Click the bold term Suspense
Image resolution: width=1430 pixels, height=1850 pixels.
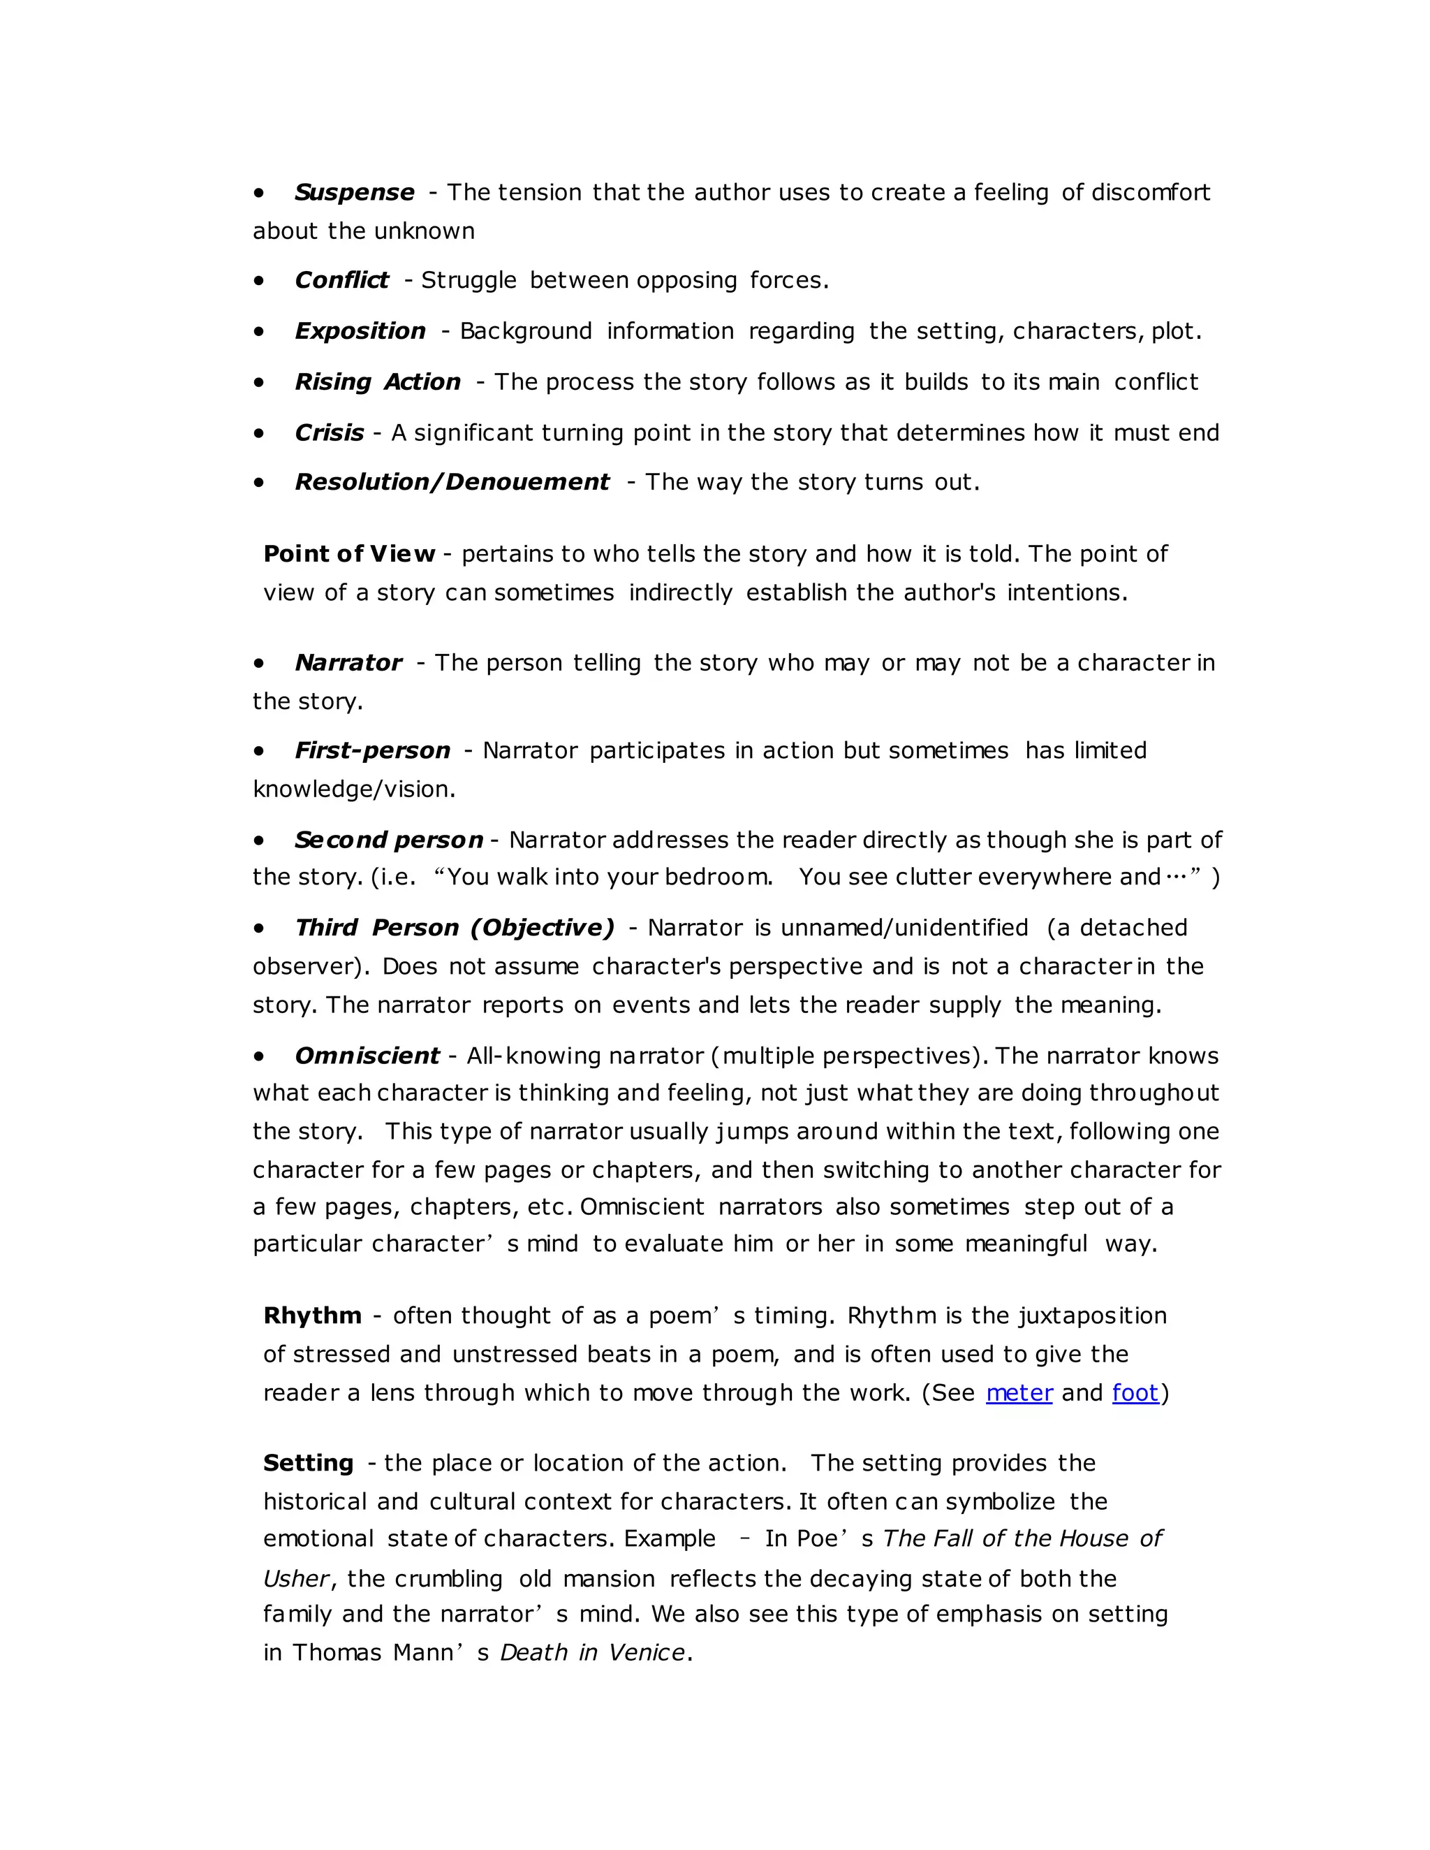coord(354,192)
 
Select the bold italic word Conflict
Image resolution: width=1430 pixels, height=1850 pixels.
coord(341,280)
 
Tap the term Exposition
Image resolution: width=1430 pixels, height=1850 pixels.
coord(360,331)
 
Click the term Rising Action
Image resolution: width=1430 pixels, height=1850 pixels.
coord(378,382)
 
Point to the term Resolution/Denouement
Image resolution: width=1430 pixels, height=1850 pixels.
coord(451,482)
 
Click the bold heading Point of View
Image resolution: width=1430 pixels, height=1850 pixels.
coord(349,554)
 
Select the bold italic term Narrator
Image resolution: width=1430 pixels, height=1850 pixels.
coord(348,662)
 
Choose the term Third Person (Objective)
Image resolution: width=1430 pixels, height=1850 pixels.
coord(455,928)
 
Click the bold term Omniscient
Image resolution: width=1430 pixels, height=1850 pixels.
coord(367,1056)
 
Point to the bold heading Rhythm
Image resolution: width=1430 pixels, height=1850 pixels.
coord(312,1316)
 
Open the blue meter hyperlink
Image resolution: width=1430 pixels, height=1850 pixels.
coord(1019,1393)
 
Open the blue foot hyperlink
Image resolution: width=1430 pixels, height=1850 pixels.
coord(1135,1393)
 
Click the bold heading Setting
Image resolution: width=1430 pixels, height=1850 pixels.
coord(308,1463)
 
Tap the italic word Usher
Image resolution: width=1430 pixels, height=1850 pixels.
coord(295,1579)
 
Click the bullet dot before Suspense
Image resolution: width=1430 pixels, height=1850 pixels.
coord(259,193)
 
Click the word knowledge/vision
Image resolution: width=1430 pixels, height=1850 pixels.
coord(353,789)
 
